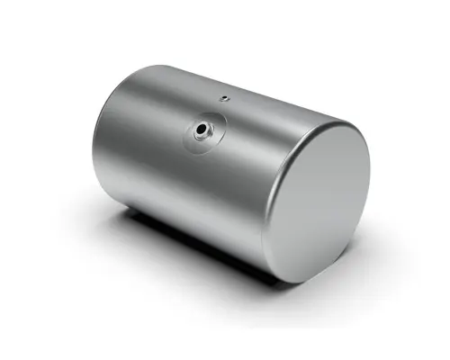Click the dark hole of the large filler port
point(201,131)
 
